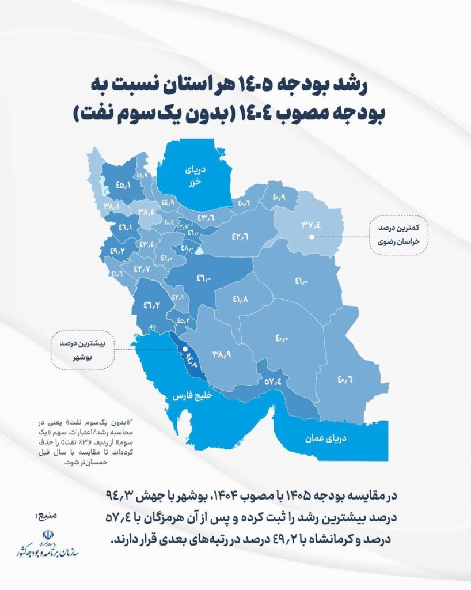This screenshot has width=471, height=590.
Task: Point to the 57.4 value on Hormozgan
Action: point(273,381)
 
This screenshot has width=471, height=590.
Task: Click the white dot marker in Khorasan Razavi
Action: point(311,236)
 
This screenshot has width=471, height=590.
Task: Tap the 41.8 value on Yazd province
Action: point(241,300)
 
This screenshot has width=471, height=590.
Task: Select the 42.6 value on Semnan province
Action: point(240,236)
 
